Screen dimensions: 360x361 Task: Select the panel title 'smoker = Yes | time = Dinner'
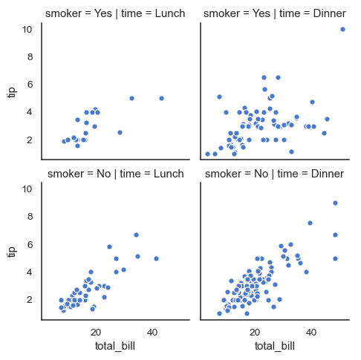click(273, 13)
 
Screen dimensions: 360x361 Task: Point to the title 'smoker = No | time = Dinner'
click(273, 174)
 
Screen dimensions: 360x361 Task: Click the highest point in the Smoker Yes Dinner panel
click(342, 29)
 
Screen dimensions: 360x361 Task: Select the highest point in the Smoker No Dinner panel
click(335, 203)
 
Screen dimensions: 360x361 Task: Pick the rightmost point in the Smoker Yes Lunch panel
click(161, 98)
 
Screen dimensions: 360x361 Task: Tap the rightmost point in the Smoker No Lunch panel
click(156, 258)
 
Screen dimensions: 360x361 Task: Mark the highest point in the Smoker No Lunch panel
click(136, 235)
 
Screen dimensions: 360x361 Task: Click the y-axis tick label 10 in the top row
click(27, 29)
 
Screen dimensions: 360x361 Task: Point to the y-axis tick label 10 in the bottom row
click(27, 189)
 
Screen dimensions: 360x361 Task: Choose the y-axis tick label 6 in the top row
click(30, 85)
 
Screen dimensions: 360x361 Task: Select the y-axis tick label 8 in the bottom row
click(30, 217)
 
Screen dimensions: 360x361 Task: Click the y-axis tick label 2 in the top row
click(30, 140)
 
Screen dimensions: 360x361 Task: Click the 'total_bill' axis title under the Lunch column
click(114, 346)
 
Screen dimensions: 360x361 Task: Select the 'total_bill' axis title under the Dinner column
click(274, 346)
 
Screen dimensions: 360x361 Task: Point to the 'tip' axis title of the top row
click(11, 91)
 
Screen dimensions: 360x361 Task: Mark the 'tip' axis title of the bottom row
click(11, 252)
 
